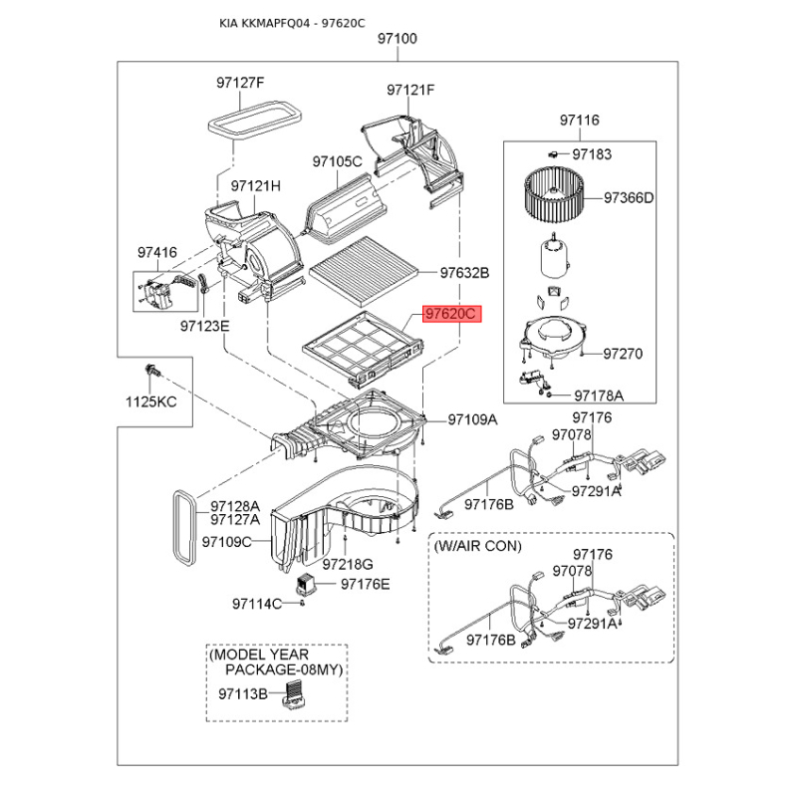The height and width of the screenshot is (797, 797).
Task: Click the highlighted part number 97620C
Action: pos(451,314)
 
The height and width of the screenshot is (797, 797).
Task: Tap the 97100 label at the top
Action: pos(398,39)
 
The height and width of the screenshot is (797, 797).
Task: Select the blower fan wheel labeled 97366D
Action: pos(554,195)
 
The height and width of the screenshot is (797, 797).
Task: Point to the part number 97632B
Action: pos(464,273)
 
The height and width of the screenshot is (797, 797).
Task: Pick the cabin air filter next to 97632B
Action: pos(365,272)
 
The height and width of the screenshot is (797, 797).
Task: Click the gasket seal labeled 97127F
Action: pos(255,121)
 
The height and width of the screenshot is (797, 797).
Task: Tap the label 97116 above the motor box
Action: pos(580,121)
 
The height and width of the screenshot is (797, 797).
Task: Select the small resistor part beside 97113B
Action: pos(294,693)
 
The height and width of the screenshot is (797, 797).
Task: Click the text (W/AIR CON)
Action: pos(478,546)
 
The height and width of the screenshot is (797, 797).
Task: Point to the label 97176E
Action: pos(366,584)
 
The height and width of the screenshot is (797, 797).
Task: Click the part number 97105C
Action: pos(337,161)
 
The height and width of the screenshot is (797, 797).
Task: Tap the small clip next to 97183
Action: pos(553,153)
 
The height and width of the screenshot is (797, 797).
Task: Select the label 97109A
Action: pos(472,419)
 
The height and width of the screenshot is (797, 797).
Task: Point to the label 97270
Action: pos(623,354)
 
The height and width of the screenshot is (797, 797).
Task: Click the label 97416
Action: pos(157,253)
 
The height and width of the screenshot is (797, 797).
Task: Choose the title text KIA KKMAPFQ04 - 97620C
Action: pos(292,23)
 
